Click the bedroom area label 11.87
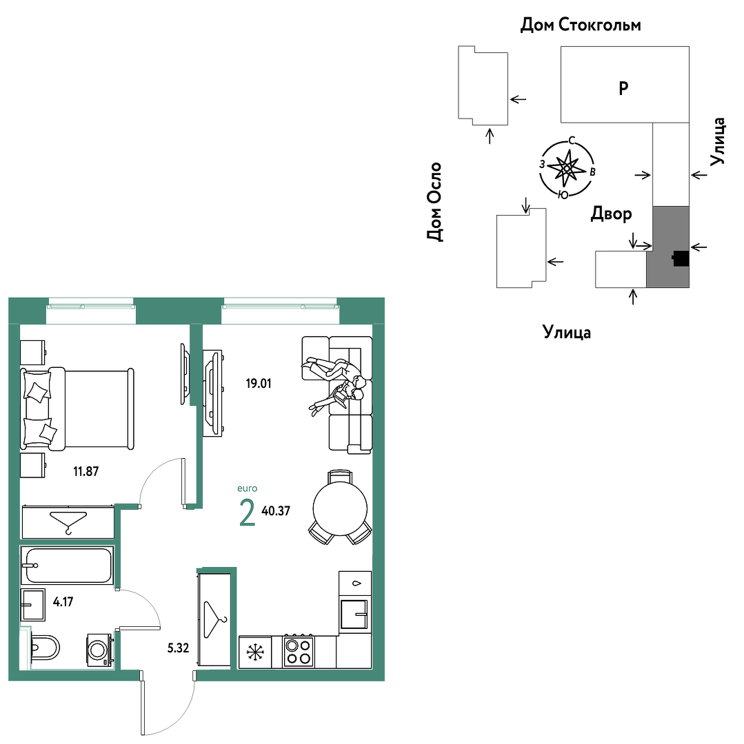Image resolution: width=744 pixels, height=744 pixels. click(86, 471)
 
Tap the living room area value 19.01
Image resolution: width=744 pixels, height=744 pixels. click(259, 383)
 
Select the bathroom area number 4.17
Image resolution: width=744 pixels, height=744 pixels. click(63, 601)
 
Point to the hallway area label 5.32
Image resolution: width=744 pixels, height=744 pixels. click(178, 648)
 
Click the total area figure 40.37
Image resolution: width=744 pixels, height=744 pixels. click(275, 510)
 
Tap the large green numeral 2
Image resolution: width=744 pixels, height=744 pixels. click(248, 513)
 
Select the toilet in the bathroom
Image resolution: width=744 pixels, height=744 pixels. click(43, 647)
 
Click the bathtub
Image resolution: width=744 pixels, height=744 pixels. click(67, 565)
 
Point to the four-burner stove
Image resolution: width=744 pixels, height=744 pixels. click(298, 652)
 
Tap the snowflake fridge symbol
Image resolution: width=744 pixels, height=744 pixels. click(255, 652)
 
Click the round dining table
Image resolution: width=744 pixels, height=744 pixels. click(340, 508)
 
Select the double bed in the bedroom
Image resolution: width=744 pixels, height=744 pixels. click(77, 409)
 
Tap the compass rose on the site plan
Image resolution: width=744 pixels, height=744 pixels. click(566, 169)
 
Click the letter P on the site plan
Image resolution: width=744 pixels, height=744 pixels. click(623, 87)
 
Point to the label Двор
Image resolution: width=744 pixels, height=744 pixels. click(611, 214)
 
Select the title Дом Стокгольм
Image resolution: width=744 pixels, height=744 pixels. click(581, 24)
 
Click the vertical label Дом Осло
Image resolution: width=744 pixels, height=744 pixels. click(434, 202)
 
